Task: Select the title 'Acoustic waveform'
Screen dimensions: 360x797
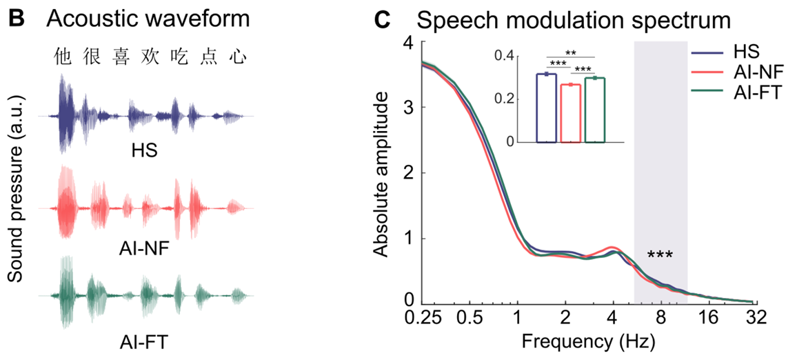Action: point(148,19)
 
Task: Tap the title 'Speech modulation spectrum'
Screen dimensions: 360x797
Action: point(574,21)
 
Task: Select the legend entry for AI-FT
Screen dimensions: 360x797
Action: point(756,93)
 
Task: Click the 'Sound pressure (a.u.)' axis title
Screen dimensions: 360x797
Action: point(15,199)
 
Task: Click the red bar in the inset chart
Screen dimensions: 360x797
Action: point(570,113)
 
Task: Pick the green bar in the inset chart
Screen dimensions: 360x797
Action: point(594,110)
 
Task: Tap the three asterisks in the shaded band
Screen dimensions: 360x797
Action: point(660,256)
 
